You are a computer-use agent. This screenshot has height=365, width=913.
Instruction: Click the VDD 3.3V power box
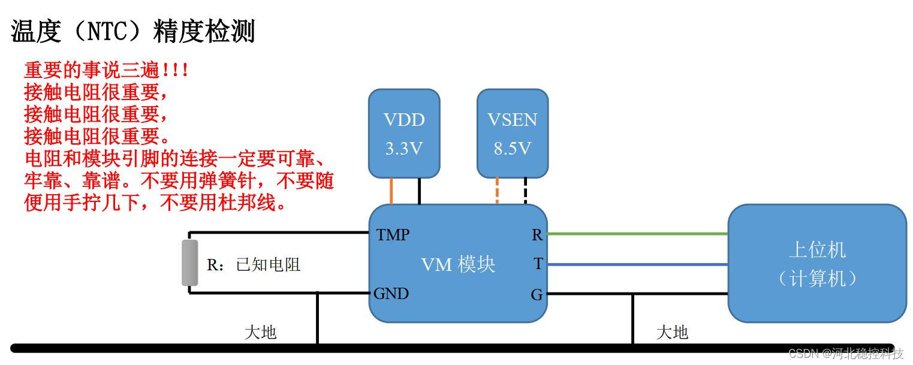click(x=404, y=133)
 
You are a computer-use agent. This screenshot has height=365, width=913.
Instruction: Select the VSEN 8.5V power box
click(x=513, y=133)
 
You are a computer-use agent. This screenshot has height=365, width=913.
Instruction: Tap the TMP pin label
click(x=393, y=235)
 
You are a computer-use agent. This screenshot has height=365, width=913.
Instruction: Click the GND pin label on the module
click(x=391, y=293)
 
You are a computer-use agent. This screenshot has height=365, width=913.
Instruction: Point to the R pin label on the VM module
click(x=537, y=235)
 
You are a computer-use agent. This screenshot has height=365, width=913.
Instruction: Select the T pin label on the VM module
click(x=538, y=264)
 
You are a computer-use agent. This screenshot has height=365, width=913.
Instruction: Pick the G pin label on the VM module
click(x=537, y=294)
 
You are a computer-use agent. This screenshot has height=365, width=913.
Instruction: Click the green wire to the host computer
click(x=637, y=234)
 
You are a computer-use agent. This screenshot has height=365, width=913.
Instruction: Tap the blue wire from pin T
click(x=637, y=264)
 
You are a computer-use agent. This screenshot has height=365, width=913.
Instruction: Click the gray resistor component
click(x=190, y=263)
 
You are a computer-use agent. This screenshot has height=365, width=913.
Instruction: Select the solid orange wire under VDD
click(x=391, y=191)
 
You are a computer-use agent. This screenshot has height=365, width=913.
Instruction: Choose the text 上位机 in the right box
click(x=817, y=250)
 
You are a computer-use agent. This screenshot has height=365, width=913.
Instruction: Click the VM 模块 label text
click(x=458, y=264)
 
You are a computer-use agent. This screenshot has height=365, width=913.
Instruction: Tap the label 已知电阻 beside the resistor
click(x=268, y=265)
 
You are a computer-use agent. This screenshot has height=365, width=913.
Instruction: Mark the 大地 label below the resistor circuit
click(x=260, y=332)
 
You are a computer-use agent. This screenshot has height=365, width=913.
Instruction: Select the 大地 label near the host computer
click(x=672, y=332)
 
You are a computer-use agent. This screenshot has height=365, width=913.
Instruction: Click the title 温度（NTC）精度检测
click(x=133, y=31)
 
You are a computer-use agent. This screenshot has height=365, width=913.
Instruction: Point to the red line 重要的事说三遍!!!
click(x=106, y=70)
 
